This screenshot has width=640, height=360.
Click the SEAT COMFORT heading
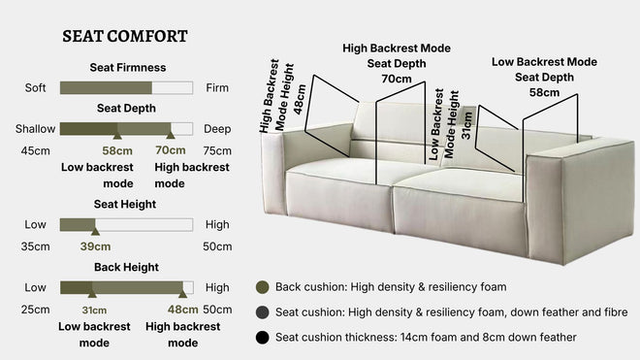125,36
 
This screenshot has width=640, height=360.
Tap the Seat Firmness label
127,68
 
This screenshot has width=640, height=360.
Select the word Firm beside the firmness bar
218,87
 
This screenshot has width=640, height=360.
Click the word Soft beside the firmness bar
36,87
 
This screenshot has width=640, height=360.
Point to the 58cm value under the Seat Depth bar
117,150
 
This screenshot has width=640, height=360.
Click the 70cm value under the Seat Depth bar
171,150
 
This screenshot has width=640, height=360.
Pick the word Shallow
35,128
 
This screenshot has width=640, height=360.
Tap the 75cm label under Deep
217,150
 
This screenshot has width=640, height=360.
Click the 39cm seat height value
95,247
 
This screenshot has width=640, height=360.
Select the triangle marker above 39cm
94,232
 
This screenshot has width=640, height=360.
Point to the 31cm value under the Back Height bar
94,310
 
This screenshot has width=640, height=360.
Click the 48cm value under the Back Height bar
182,310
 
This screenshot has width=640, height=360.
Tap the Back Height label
127,267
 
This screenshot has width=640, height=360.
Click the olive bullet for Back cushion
261,287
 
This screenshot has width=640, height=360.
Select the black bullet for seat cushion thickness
261,337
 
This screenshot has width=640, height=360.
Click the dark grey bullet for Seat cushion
261,312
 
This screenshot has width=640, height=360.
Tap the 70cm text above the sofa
396,79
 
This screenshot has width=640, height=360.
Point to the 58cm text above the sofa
543,92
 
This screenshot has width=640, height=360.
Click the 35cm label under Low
36,247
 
